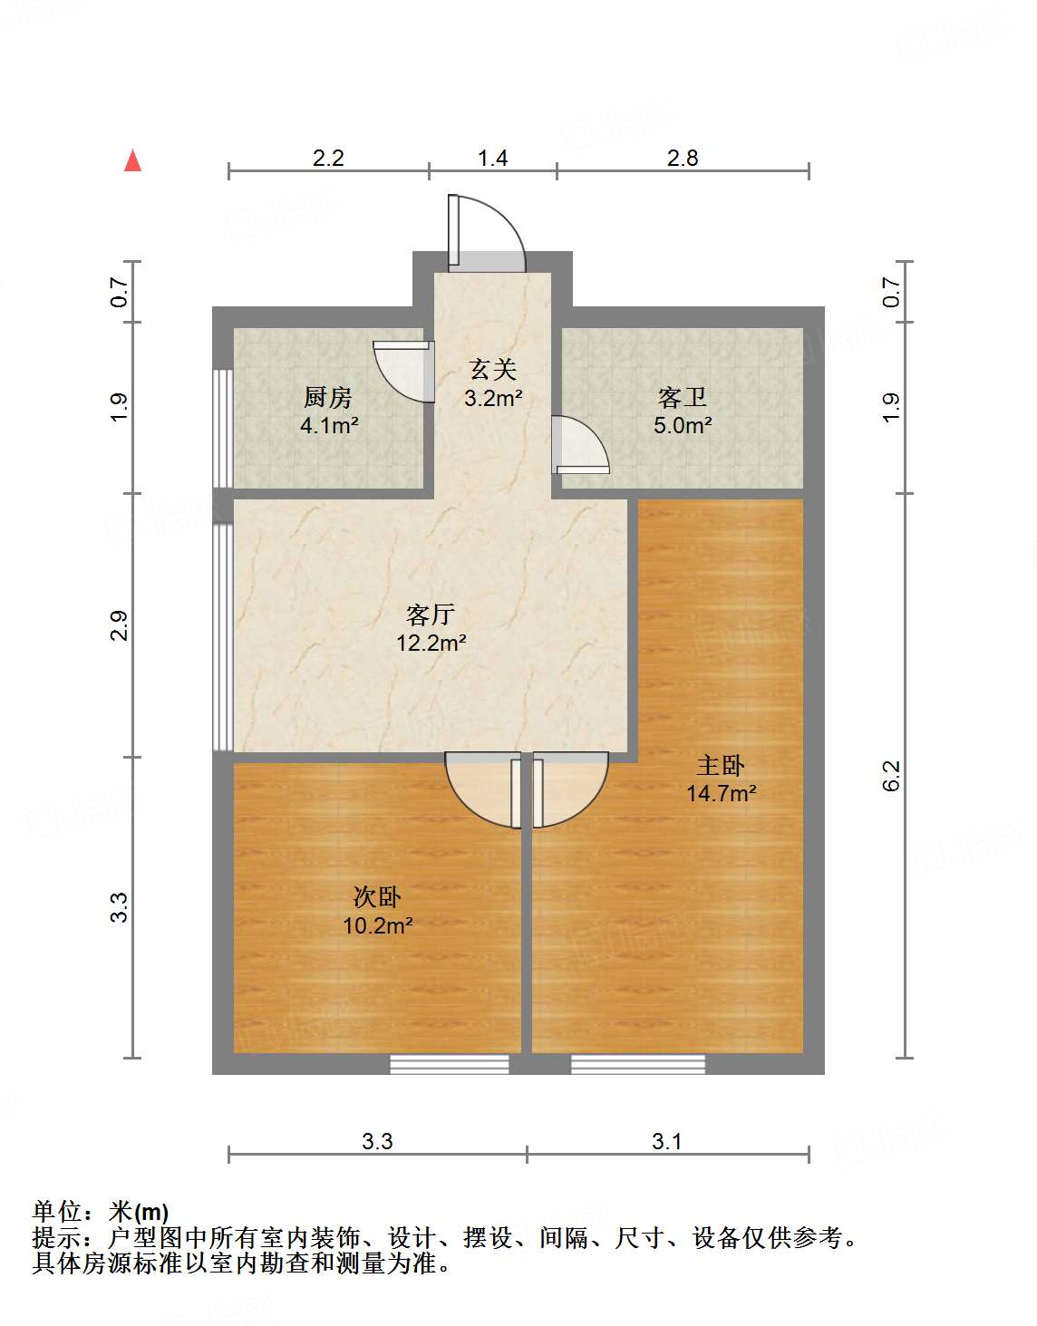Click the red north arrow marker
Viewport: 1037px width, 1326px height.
(133, 160)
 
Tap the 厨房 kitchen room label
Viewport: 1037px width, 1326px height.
(327, 397)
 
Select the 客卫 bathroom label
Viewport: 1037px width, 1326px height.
(682, 397)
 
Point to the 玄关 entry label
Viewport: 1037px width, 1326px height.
(492, 369)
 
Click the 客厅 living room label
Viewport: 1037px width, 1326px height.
(430, 615)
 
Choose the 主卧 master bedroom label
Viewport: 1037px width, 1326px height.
(721, 765)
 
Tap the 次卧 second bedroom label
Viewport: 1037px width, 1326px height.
(377, 897)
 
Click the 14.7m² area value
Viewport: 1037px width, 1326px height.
(721, 793)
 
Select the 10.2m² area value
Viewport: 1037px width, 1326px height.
(377, 925)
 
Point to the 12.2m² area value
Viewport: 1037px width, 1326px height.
(431, 644)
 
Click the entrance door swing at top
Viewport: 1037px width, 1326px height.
(488, 234)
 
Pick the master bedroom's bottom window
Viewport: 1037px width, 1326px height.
(638, 1064)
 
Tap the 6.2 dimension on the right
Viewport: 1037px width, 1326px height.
(892, 776)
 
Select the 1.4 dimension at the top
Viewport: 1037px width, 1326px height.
(492, 159)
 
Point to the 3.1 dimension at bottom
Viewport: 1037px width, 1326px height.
(666, 1141)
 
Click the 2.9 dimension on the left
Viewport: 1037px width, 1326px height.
(120, 626)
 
